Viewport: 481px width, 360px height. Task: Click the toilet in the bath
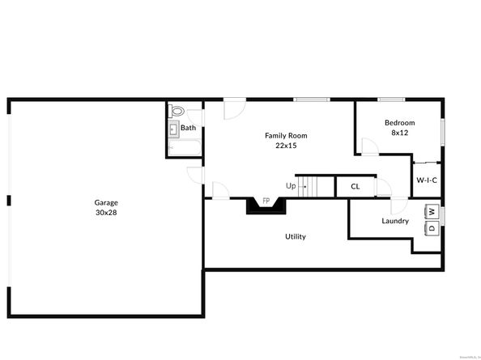(178, 112)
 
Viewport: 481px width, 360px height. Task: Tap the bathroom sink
(173, 129)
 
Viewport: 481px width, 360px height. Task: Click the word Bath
(188, 128)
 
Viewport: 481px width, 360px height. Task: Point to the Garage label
(106, 202)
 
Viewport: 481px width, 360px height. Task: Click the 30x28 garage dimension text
(106, 213)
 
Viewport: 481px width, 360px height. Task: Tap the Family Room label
(286, 135)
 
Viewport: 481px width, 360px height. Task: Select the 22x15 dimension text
(286, 146)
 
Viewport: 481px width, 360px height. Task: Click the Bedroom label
(399, 122)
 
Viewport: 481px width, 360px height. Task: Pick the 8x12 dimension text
(399, 133)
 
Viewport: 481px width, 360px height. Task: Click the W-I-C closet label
(427, 180)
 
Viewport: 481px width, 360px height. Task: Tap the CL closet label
(355, 187)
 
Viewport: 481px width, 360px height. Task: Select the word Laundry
(395, 221)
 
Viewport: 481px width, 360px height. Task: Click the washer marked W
(432, 212)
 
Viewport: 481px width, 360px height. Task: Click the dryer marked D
(432, 228)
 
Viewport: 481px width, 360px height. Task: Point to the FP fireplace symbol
(265, 202)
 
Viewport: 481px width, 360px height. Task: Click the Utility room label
(295, 236)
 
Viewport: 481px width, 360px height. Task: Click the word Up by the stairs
(290, 186)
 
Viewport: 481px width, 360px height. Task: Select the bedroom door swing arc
(368, 146)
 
